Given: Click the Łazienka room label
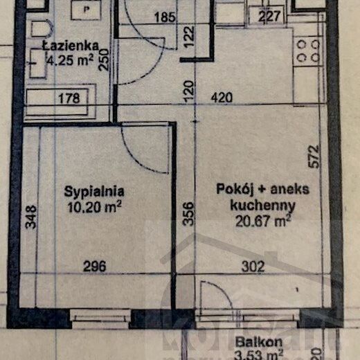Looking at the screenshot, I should point(70,46).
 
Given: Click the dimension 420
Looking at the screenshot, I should point(222,98).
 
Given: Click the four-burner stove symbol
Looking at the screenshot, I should point(307,49).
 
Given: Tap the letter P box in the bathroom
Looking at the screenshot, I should point(87,10).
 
